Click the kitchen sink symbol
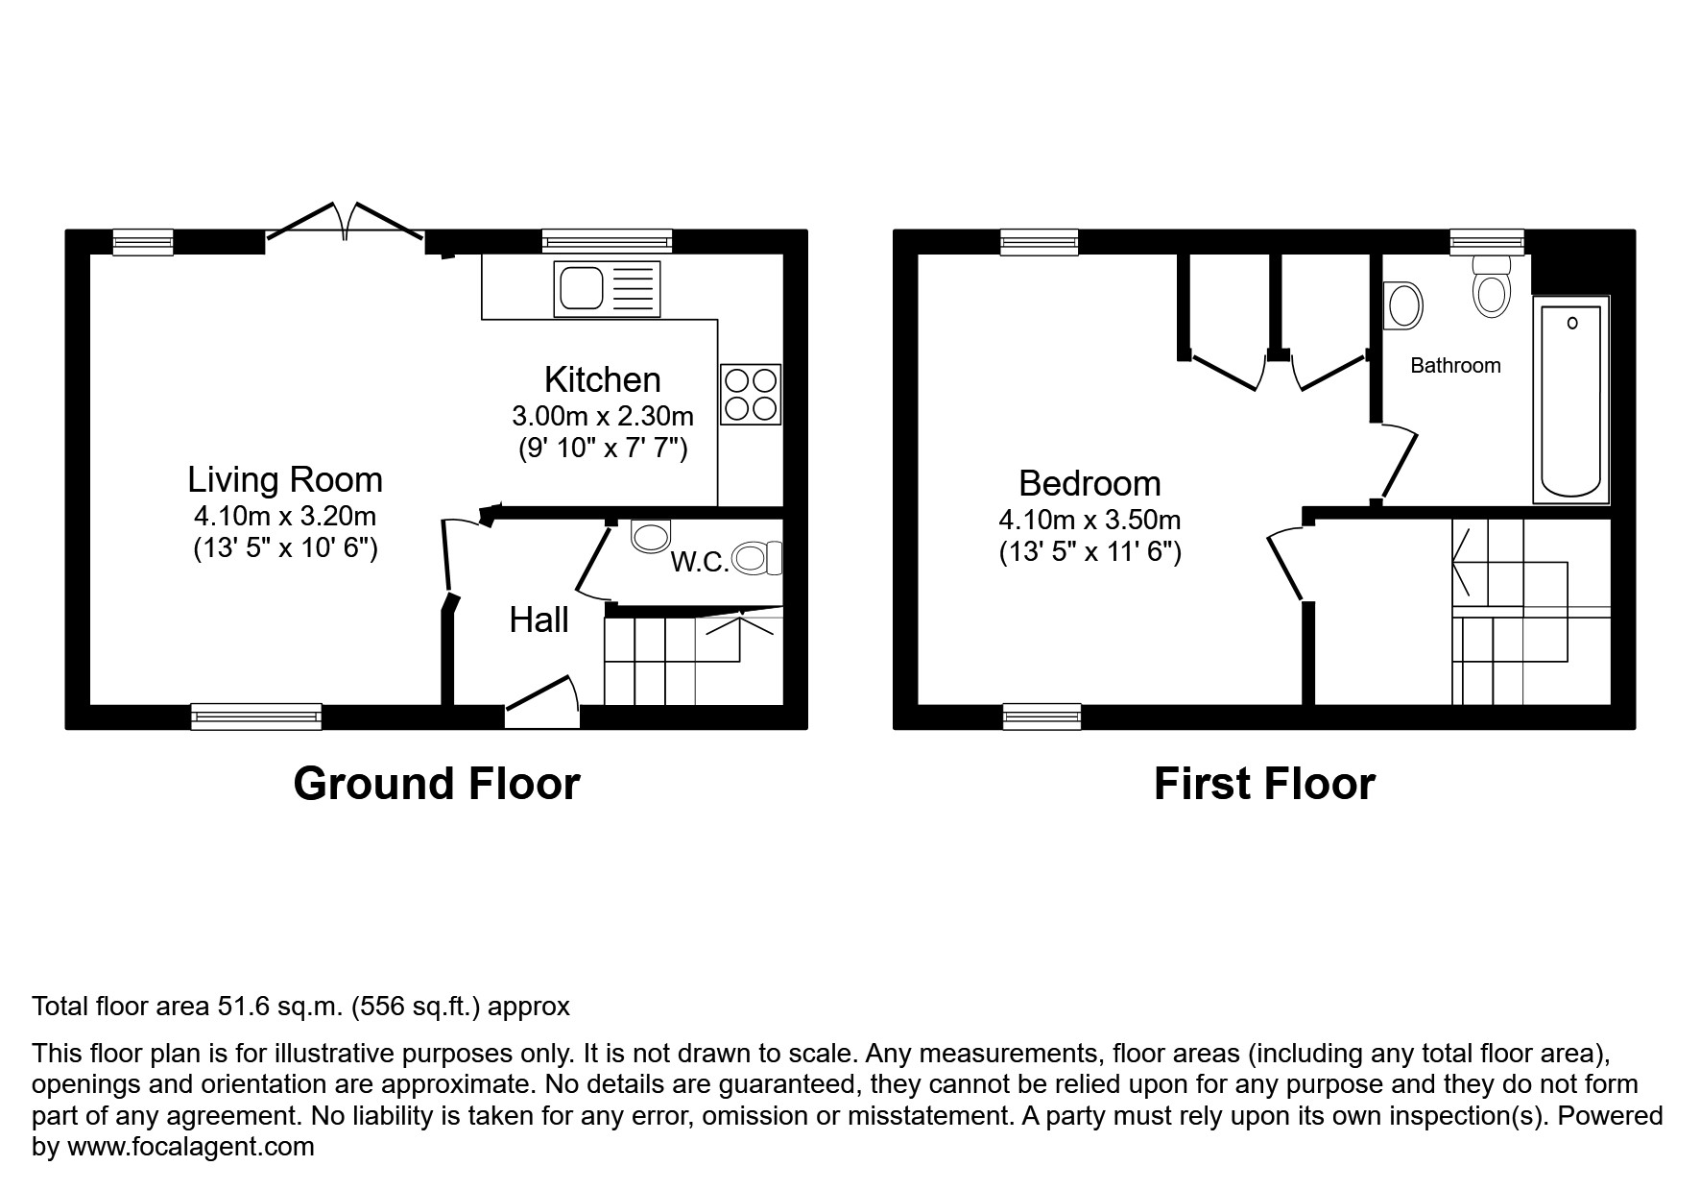[607, 288]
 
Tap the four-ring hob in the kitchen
[751, 394]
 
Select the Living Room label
[285, 479]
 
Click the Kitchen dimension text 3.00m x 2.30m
[602, 416]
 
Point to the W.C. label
[700, 563]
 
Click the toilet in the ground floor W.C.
[757, 557]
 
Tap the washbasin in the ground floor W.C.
[651, 536]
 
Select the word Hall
[539, 620]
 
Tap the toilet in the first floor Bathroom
[1490, 287]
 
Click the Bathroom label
[1455, 365]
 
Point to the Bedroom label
[1089, 483]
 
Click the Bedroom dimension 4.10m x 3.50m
[1089, 521]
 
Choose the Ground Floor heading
[436, 784]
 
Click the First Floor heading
[1263, 784]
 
